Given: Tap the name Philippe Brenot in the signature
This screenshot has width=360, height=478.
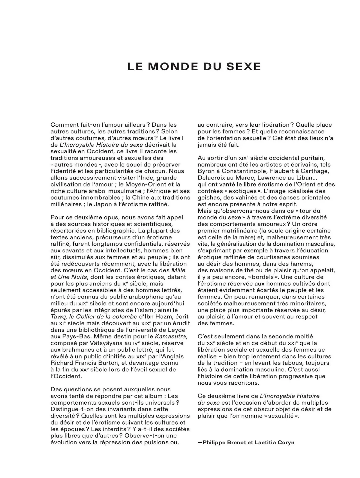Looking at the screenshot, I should click(224, 442).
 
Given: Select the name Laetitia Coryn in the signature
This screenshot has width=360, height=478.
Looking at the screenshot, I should click(274, 442).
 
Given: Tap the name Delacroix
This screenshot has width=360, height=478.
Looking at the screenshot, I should click(211, 178).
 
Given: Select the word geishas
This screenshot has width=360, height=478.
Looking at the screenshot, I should click(208, 198).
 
